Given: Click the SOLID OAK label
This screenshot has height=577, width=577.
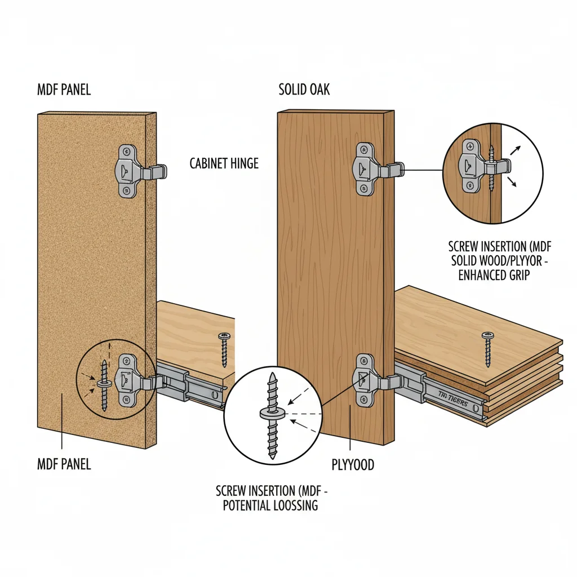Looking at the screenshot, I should (x=304, y=90).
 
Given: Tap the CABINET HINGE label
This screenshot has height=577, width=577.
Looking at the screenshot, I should (x=224, y=163).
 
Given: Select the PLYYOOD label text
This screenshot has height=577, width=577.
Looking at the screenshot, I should (x=353, y=465).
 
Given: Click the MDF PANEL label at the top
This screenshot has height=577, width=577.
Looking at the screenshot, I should (x=64, y=90).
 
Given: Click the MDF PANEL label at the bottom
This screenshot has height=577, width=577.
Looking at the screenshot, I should (x=64, y=465).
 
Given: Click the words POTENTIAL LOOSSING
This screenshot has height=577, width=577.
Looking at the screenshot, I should (x=270, y=505).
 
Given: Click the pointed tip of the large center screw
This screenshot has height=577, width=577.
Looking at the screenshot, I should (x=271, y=375).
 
